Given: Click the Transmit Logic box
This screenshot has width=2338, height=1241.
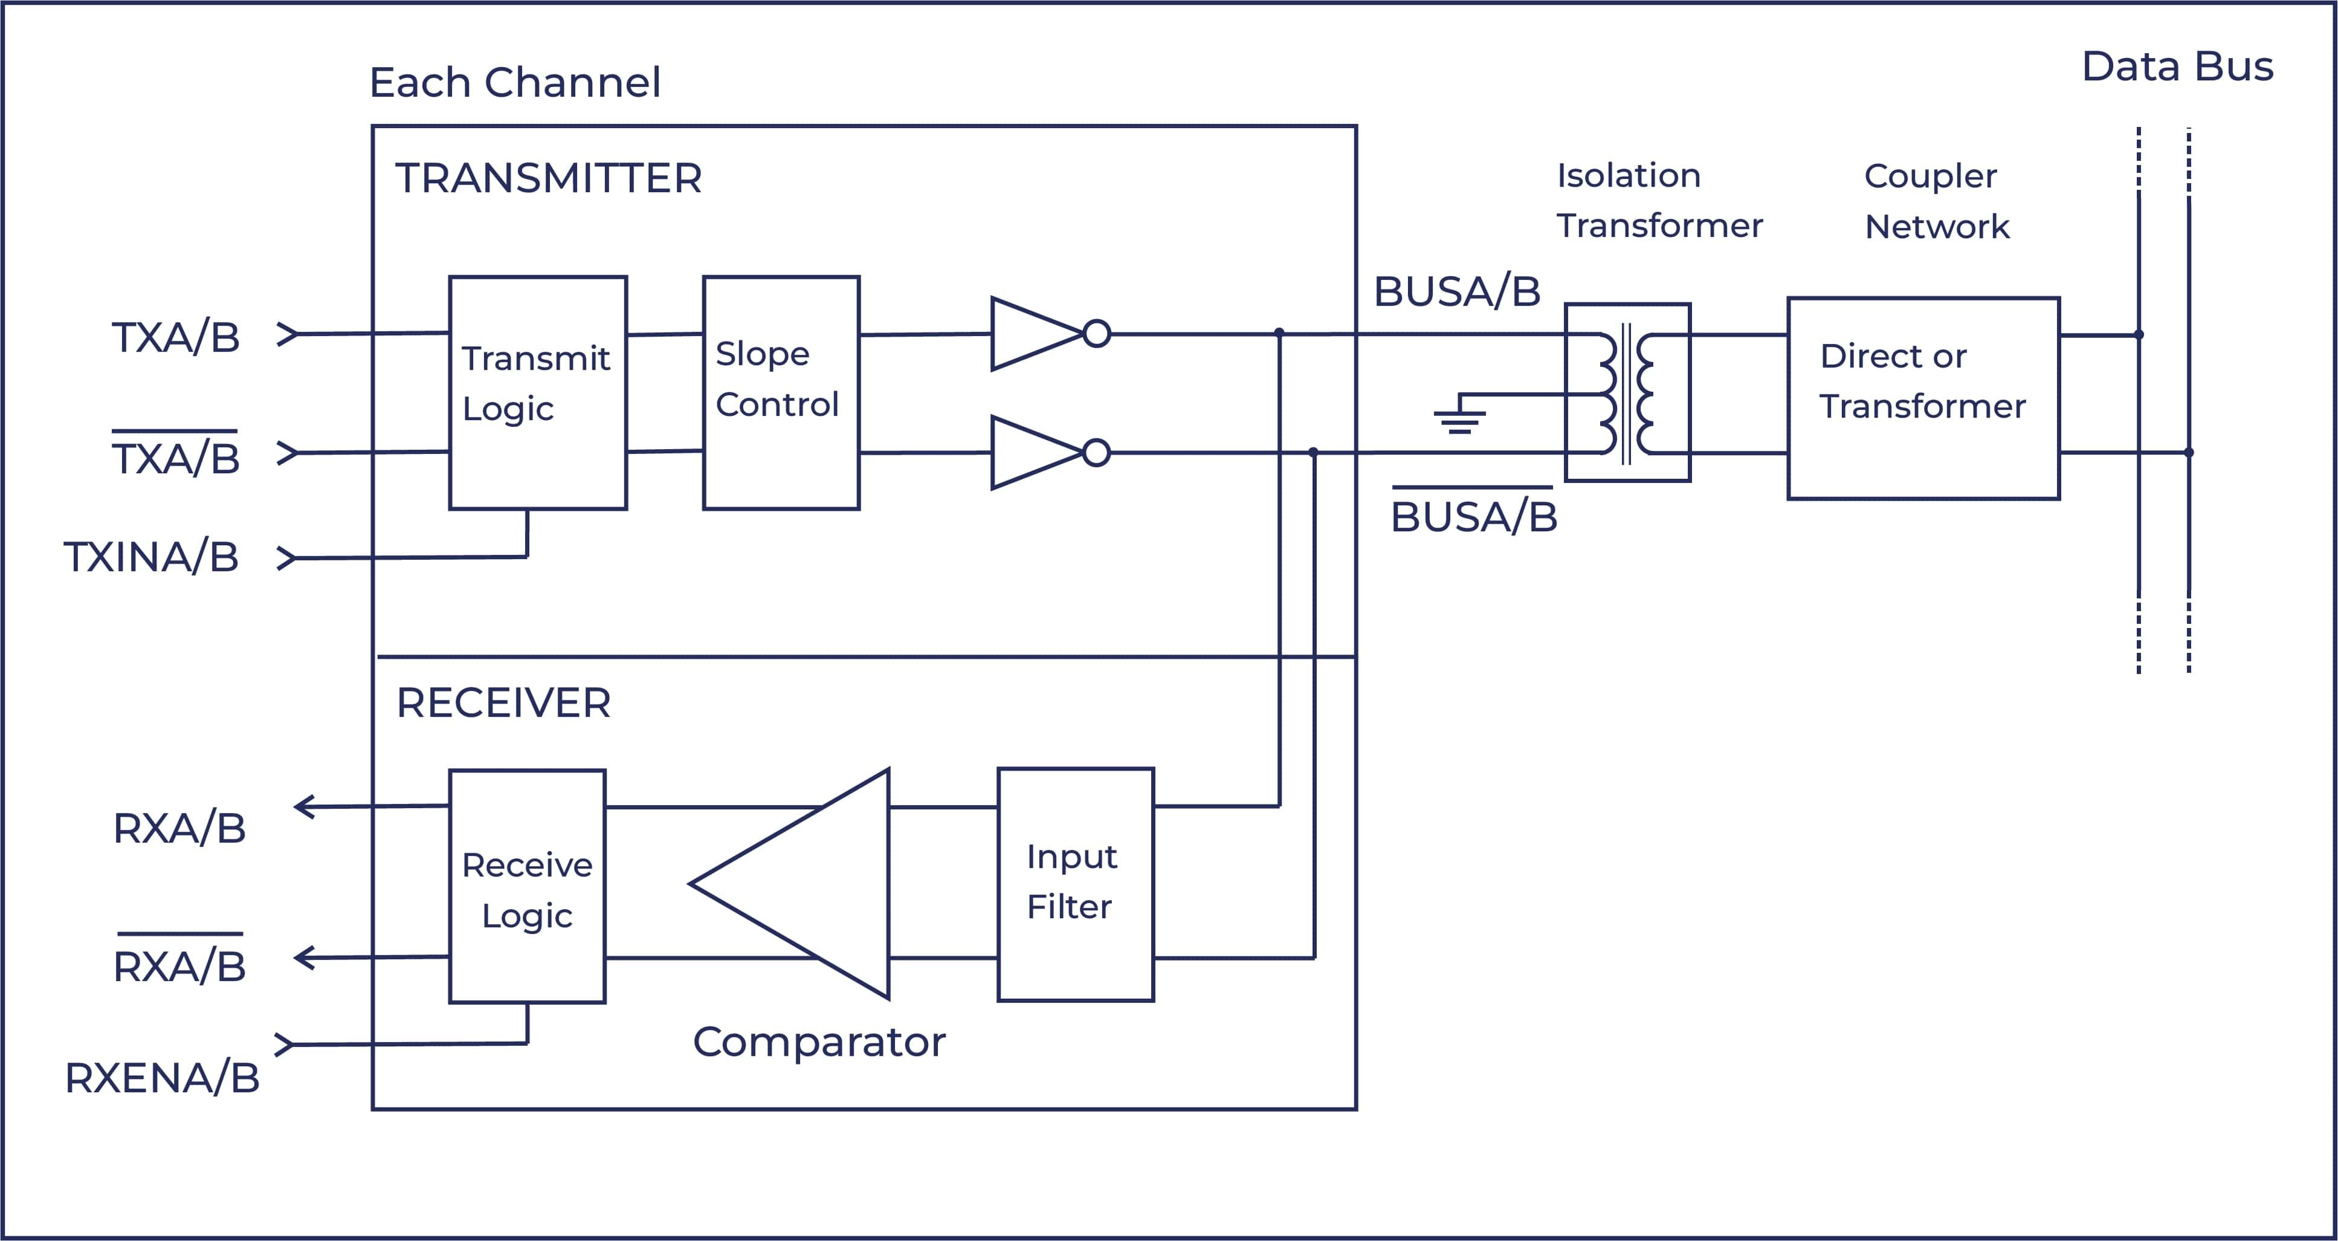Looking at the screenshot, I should tap(537, 392).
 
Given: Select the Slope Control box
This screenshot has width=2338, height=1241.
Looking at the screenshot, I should tap(781, 392).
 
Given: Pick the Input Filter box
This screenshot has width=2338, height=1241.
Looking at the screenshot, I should tap(1076, 884).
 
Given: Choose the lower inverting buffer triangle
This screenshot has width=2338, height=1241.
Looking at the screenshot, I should tap(1035, 452).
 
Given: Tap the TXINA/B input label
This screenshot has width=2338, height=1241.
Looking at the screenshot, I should tap(150, 557).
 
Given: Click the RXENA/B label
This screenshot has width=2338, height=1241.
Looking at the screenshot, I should tap(161, 1078).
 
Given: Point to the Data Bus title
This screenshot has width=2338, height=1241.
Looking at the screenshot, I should tap(2177, 66).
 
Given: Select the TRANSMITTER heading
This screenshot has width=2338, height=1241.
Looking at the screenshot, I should tap(548, 178).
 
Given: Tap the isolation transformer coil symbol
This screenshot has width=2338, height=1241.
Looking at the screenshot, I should tap(1627, 392).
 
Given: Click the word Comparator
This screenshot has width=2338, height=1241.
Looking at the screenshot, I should tap(819, 1042).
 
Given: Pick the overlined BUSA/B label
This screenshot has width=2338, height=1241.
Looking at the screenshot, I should tap(1473, 515).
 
